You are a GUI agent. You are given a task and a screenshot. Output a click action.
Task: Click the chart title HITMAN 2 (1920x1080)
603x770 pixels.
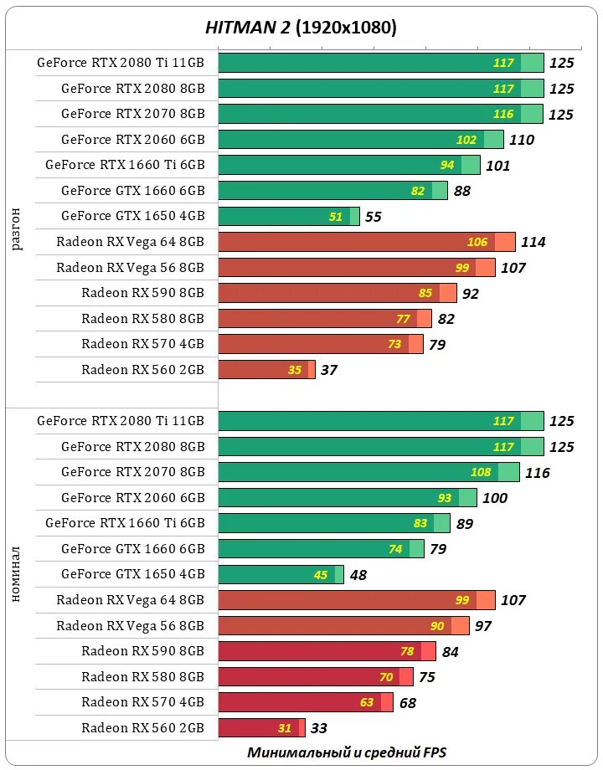[x=301, y=28]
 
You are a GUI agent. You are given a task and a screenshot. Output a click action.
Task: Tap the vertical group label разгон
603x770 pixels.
[x=17, y=229]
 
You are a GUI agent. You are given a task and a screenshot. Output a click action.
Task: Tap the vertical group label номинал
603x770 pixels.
[x=17, y=573]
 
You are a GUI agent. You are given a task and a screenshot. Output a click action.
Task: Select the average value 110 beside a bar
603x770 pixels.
[x=521, y=141]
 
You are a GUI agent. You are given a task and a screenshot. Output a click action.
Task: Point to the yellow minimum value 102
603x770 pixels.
[x=466, y=141]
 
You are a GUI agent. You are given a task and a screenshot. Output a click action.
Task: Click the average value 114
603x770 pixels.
[x=533, y=243]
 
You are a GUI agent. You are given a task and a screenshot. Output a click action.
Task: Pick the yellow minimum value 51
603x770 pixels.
[x=336, y=217]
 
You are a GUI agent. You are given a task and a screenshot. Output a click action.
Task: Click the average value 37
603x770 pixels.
[x=328, y=370]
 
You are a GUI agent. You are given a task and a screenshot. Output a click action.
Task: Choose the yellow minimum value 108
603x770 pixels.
[x=481, y=472]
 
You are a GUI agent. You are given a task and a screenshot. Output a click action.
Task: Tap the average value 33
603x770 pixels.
[x=318, y=728]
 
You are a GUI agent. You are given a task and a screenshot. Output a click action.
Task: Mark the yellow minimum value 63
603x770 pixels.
[x=367, y=702]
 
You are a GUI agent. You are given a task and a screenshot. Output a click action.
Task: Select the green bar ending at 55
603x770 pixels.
[x=288, y=217]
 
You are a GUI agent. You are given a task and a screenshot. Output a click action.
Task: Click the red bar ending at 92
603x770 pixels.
[x=337, y=294]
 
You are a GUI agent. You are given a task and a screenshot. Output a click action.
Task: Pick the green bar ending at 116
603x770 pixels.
[x=368, y=472]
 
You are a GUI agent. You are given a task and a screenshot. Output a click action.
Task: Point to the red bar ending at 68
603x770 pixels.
[x=305, y=702]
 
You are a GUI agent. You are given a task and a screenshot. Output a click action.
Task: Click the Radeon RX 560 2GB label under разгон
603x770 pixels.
[x=143, y=370]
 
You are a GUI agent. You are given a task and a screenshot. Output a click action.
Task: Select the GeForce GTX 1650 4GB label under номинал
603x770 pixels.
[x=133, y=574]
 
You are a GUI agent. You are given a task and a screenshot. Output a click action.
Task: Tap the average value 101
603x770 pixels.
[x=497, y=166]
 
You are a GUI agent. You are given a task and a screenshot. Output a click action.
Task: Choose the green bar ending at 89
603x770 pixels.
[x=333, y=523]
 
